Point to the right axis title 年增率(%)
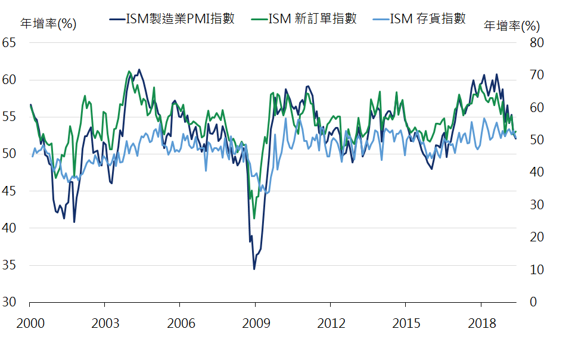point(511,26)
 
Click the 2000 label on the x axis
point(30,324)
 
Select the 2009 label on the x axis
point(255,324)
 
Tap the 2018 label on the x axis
point(481,324)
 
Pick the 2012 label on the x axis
point(331,324)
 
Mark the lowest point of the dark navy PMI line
point(254,269)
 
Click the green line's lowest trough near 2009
point(254,218)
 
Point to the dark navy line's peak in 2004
point(139,70)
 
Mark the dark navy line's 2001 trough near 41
point(74,222)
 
